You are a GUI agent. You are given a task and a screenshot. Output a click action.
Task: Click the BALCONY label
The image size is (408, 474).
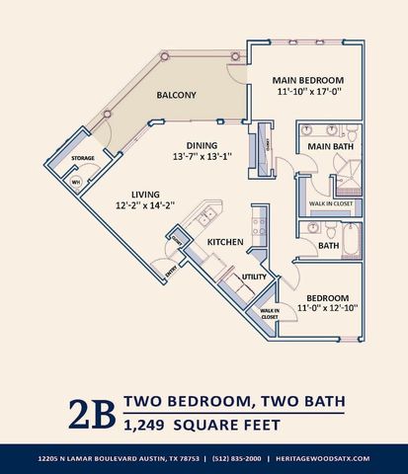point(177,96)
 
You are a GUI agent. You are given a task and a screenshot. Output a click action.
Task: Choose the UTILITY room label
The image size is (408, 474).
point(255,277)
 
